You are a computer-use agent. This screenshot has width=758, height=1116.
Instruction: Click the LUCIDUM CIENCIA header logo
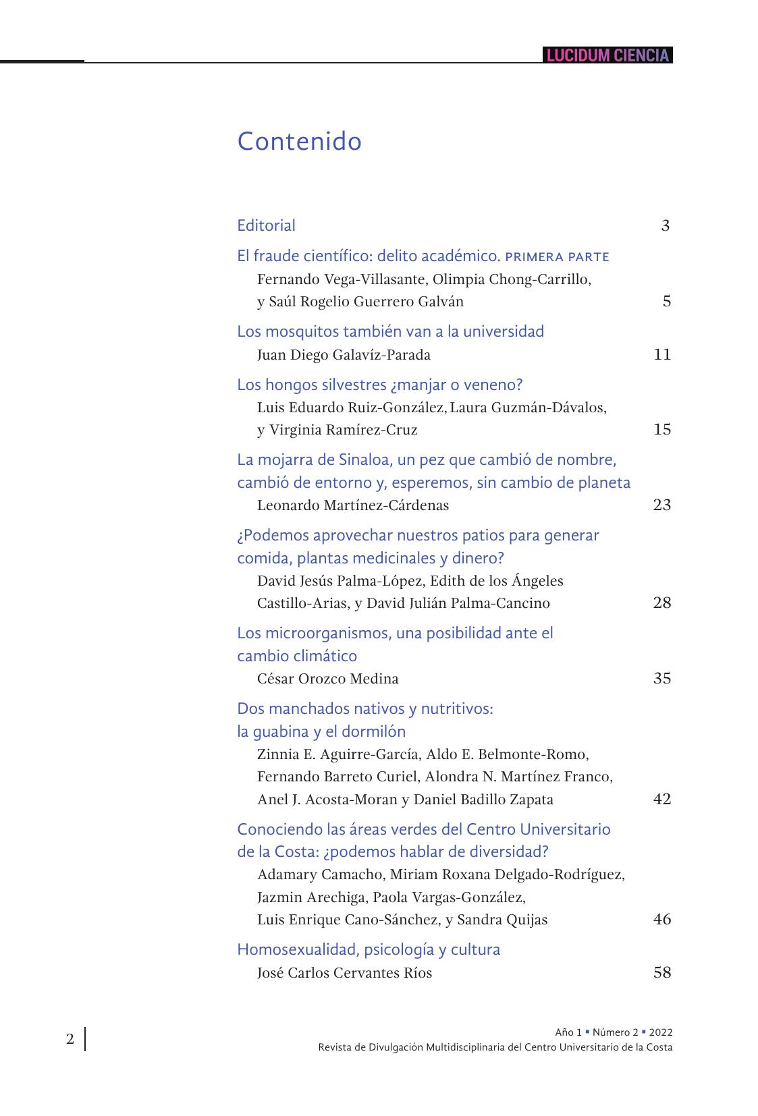[607, 55]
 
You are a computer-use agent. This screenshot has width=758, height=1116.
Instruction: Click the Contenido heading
[299, 141]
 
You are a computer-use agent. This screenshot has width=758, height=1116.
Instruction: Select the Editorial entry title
[266, 225]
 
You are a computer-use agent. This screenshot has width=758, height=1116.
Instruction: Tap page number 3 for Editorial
[665, 225]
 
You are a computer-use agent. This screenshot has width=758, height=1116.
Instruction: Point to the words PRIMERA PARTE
[557, 257]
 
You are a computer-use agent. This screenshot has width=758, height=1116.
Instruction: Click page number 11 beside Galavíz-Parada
[662, 354]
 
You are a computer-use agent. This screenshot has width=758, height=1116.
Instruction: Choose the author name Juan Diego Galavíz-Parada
[344, 355]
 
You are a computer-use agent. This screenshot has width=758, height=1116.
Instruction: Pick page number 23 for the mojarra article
[662, 505]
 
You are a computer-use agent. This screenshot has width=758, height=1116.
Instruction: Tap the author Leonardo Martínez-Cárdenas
[352, 505]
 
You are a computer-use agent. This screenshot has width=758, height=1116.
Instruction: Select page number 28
[662, 603]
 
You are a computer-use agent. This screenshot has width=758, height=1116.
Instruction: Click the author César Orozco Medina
[327, 679]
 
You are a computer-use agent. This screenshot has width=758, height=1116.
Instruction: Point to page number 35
[662, 678]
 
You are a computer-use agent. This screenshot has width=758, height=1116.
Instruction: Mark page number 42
[662, 799]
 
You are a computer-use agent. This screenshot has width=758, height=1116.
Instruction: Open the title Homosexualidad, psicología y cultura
[369, 949]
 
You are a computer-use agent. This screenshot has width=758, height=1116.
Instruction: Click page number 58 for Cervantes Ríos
[662, 972]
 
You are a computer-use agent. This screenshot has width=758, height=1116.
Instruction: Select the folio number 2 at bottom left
[70, 1038]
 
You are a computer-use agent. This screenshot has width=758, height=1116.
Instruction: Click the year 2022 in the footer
[660, 1032]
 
